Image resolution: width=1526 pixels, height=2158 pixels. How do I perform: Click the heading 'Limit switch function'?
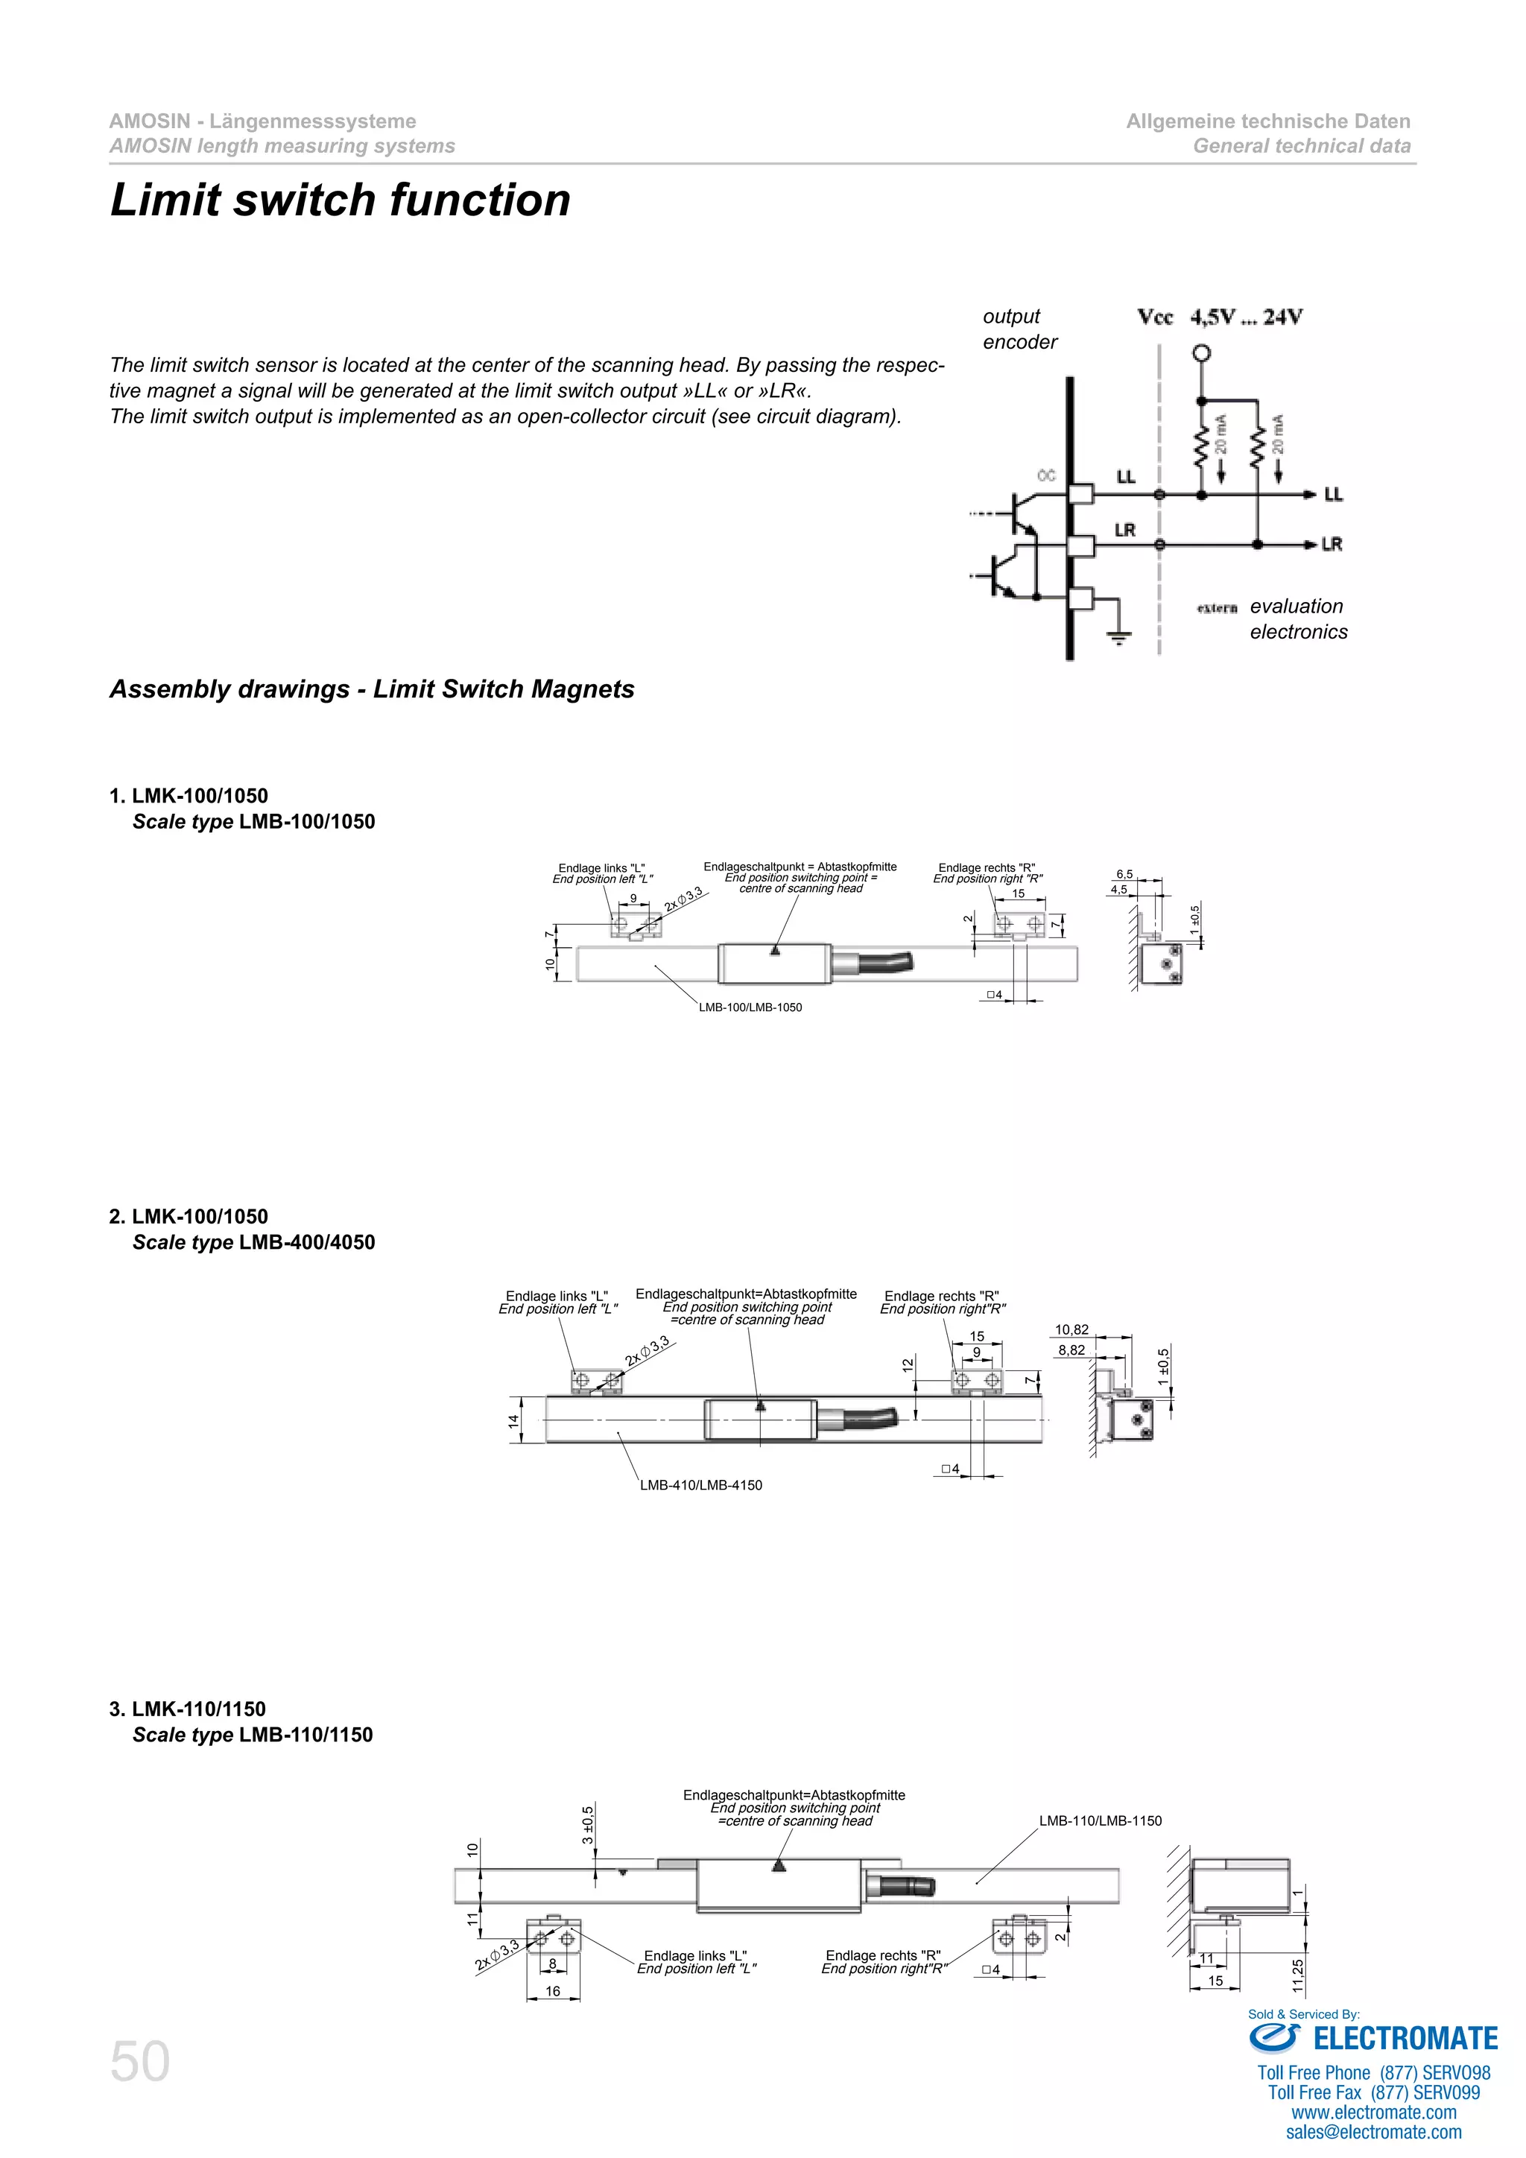(341, 200)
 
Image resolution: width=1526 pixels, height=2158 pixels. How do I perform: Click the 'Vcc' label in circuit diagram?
(1155, 317)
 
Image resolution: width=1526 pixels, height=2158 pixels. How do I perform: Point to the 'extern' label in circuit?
(1217, 608)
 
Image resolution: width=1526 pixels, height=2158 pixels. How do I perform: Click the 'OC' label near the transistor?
(1046, 475)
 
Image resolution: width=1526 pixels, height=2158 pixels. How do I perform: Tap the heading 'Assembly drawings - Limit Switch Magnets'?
(371, 689)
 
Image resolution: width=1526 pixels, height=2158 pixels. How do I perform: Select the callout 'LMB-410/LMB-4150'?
(701, 1485)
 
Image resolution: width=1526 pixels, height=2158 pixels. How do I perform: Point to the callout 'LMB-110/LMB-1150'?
(1101, 1820)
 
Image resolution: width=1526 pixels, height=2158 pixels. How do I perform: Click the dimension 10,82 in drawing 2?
(1071, 1329)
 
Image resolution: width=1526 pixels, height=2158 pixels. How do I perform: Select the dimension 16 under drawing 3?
(553, 1990)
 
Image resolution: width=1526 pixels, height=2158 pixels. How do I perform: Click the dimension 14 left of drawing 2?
(513, 1421)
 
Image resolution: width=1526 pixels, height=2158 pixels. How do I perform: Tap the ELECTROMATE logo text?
(1405, 2038)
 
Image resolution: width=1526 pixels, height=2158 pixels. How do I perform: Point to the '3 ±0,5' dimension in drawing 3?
(587, 1824)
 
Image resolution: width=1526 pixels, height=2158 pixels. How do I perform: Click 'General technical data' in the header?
(1302, 146)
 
